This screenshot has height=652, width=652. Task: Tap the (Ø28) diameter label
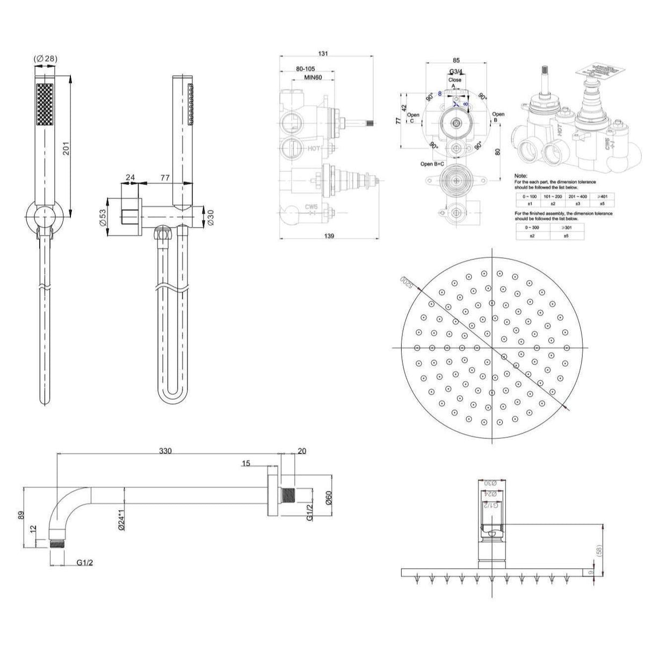[46, 59]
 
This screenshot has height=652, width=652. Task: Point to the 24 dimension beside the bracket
[130, 177]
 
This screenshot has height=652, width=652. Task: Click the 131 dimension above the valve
[323, 53]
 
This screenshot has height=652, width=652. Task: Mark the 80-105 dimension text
[309, 69]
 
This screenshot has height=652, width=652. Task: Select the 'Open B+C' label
[432, 164]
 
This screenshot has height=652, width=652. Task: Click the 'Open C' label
[413, 118]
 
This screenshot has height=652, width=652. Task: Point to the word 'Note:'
[521, 176]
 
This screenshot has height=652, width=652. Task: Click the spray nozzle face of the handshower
[46, 105]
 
